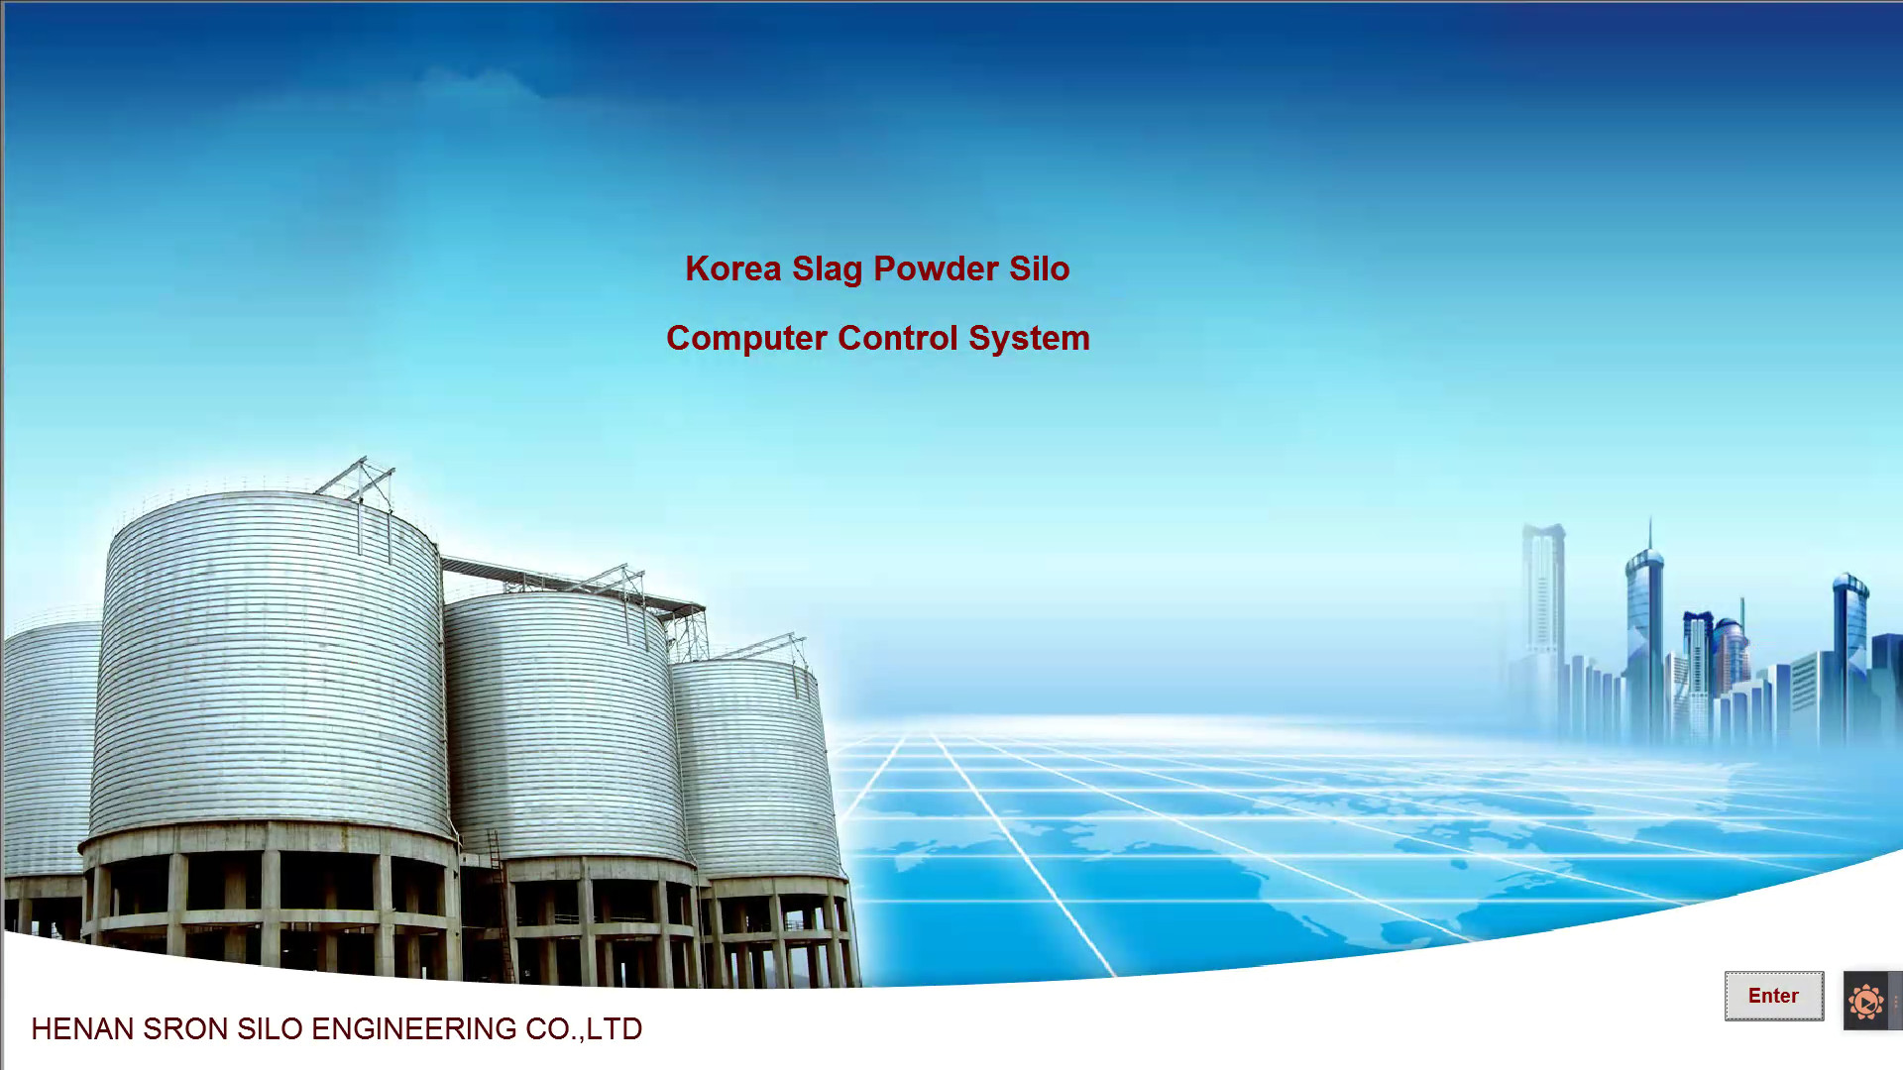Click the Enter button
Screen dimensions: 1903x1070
pyautogui.click(x=1773, y=996)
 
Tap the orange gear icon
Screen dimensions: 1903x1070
pyautogui.click(x=1866, y=1002)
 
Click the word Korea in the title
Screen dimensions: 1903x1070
pyautogui.click(x=733, y=268)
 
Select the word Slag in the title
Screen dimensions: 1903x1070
pyautogui.click(x=827, y=269)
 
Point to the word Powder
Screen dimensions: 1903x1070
pyautogui.click(x=936, y=268)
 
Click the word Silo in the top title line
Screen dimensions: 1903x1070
pyautogui.click(x=1040, y=268)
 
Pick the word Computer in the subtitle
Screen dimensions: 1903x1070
pyautogui.click(x=746, y=339)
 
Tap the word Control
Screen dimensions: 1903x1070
pyautogui.click(x=898, y=338)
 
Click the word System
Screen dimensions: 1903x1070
pyautogui.click(x=1029, y=339)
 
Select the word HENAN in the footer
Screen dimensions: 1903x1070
pyautogui.click(x=82, y=1029)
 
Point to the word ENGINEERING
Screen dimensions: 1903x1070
pyautogui.click(x=414, y=1029)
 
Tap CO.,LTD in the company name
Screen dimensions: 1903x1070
pyautogui.click(x=584, y=1029)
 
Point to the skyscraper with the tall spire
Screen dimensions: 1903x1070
pyautogui.click(x=1646, y=634)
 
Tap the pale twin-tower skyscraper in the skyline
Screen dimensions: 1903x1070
pyautogui.click(x=1542, y=614)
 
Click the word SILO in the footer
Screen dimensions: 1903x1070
pyautogui.click(x=270, y=1029)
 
